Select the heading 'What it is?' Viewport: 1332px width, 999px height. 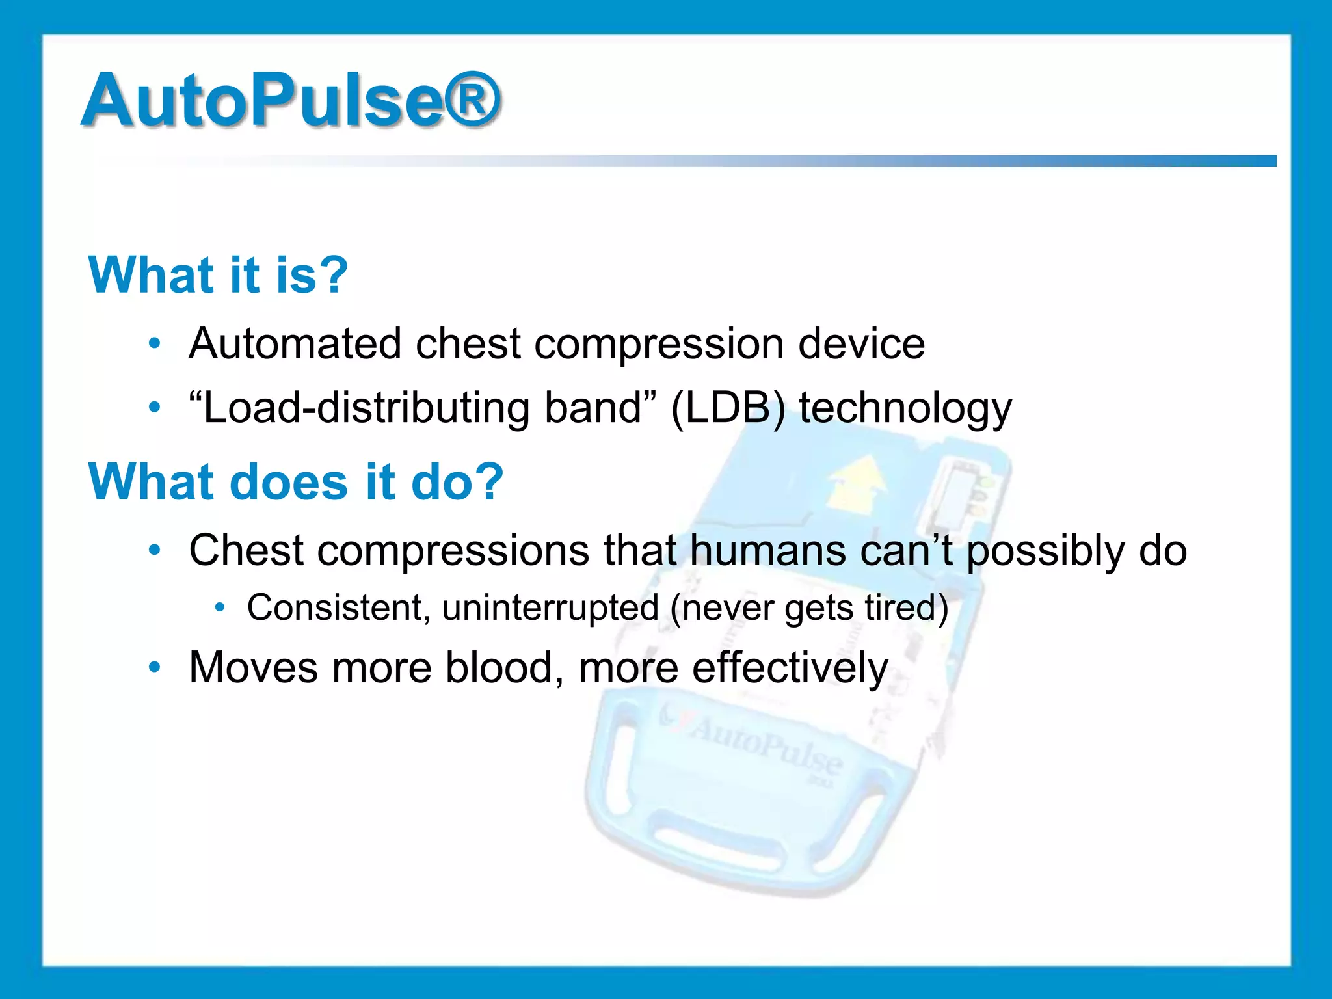click(x=219, y=275)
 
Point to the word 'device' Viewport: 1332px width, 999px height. click(x=861, y=343)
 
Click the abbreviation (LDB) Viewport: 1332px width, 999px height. click(x=728, y=408)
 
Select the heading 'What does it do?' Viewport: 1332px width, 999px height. click(x=296, y=482)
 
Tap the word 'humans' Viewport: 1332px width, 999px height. click(x=767, y=550)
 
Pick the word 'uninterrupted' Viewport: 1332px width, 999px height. click(x=550, y=607)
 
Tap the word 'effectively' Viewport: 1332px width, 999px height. click(x=790, y=667)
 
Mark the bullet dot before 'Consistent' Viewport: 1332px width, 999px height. click(x=220, y=607)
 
